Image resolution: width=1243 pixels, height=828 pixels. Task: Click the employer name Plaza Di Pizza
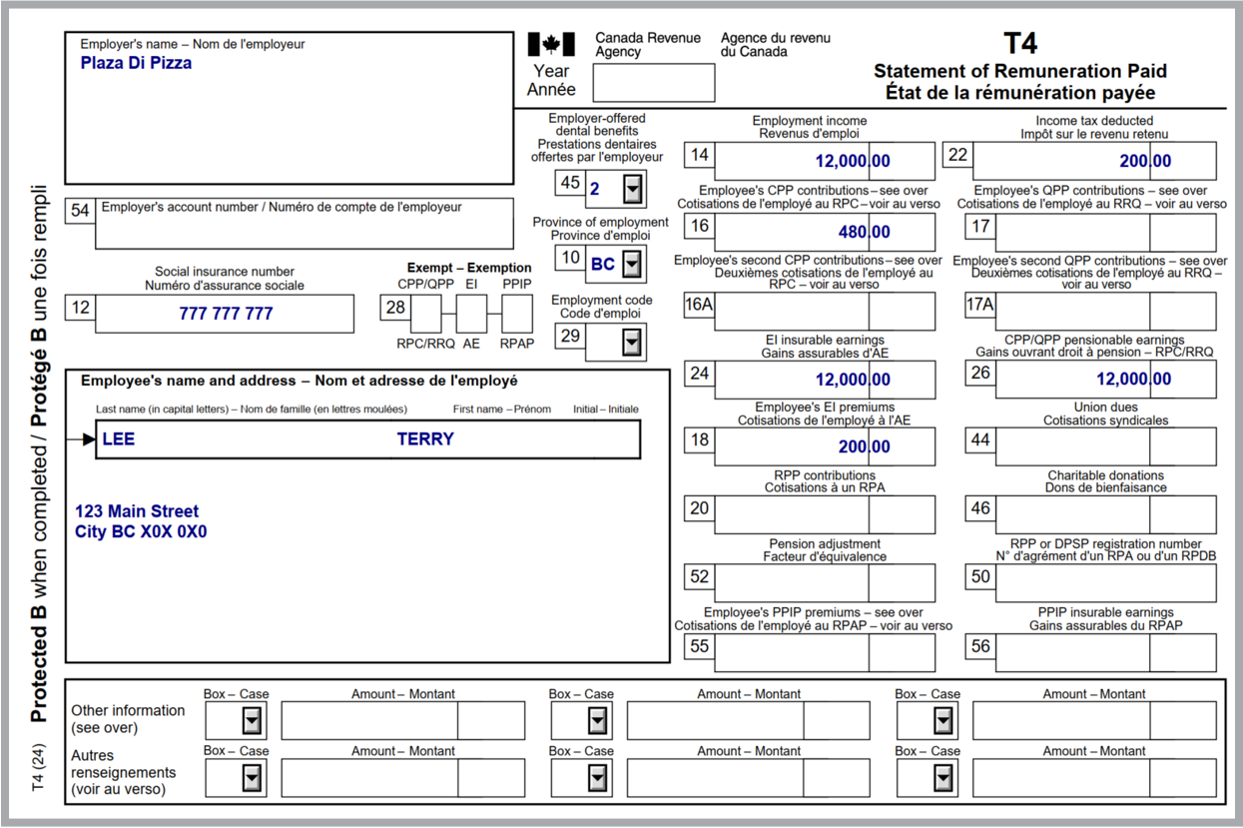(x=136, y=63)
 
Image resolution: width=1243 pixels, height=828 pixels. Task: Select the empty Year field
(x=654, y=83)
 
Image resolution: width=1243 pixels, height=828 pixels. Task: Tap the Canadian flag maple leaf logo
(x=551, y=44)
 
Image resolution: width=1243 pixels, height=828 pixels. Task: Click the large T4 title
(x=1020, y=43)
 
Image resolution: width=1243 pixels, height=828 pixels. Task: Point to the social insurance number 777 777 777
(x=226, y=314)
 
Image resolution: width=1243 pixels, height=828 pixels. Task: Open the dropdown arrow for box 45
(x=632, y=189)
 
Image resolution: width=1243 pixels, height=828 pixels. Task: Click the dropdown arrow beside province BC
(x=632, y=264)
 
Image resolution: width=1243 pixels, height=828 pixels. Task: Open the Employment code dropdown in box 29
(x=632, y=343)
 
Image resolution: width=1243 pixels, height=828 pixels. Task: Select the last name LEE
(x=118, y=439)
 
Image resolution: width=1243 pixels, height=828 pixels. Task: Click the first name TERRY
(x=425, y=439)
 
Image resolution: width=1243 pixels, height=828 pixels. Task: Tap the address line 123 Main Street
(x=137, y=511)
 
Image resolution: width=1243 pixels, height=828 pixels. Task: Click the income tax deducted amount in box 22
(x=1145, y=161)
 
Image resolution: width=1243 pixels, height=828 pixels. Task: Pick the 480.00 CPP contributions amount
(x=864, y=232)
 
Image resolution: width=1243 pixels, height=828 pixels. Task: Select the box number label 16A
(x=699, y=305)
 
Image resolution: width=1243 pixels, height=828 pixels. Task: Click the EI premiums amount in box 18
(x=864, y=446)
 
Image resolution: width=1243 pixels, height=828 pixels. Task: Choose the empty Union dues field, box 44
(x=1105, y=446)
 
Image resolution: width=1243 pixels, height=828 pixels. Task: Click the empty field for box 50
(x=1105, y=583)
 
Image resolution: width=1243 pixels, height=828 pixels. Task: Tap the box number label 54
(x=80, y=211)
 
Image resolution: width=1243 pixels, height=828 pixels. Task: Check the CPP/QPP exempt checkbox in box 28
(x=426, y=314)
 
